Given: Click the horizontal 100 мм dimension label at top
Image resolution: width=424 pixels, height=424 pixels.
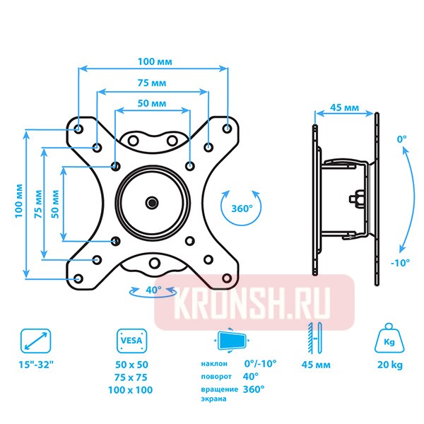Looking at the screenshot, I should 153,61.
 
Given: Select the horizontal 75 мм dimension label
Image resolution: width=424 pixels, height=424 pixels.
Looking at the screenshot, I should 153,83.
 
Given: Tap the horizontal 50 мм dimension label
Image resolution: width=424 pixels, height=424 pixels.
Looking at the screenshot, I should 152,103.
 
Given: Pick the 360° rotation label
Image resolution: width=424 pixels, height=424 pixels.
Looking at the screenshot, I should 242,208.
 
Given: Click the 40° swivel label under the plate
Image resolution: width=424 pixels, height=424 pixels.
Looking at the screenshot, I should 153,290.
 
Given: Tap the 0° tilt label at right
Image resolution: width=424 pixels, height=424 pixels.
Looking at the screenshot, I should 401,140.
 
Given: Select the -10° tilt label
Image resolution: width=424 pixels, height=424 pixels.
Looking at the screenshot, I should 400,262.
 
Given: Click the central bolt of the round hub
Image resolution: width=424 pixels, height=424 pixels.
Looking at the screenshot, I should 153,203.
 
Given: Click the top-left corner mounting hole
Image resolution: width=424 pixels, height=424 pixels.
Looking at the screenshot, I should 78,129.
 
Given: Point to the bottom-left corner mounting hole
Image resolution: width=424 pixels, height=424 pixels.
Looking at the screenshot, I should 78,278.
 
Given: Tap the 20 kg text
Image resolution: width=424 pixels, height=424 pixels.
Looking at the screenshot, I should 388,366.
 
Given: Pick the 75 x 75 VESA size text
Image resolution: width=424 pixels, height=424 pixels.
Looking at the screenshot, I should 134,377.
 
